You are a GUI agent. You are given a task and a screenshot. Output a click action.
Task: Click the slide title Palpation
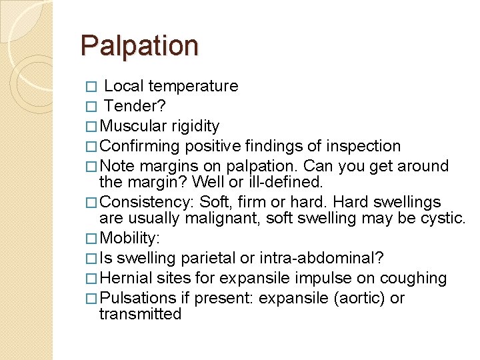pos(139,46)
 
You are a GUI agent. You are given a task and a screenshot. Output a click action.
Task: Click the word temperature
pos(193,87)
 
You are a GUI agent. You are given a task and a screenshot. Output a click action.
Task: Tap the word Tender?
pos(135,107)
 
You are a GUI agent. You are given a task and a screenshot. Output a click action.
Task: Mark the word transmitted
pos(140,314)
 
